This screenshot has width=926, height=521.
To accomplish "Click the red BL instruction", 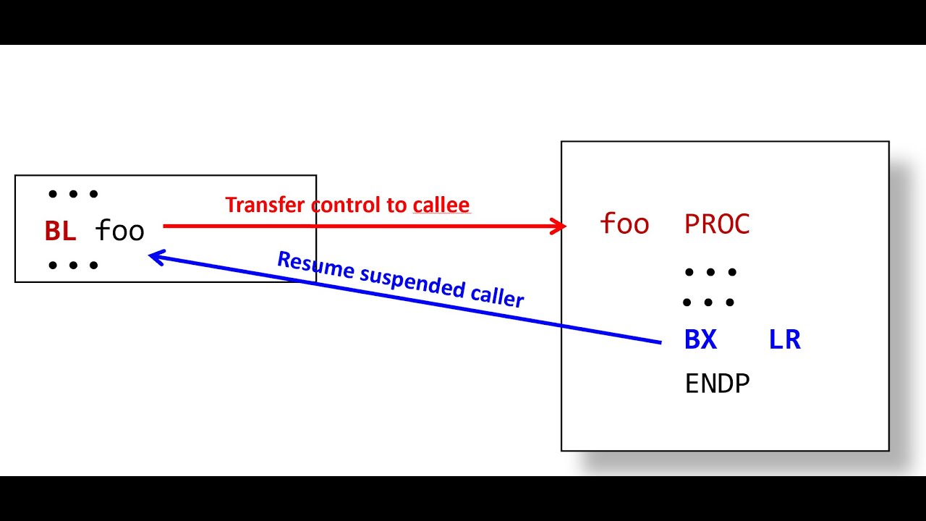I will (60, 231).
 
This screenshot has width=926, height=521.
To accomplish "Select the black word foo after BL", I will (120, 231).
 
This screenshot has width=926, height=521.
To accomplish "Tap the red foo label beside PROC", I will (624, 224).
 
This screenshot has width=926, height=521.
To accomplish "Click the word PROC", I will (717, 224).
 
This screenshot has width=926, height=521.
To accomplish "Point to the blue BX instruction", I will (700, 339).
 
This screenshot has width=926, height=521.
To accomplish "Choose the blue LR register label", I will (785, 339).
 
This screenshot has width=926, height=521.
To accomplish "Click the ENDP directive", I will (717, 384).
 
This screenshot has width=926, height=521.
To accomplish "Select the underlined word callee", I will (441, 205).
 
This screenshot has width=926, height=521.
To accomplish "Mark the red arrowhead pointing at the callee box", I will (559, 226).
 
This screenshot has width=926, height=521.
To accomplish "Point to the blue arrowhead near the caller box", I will (155, 255).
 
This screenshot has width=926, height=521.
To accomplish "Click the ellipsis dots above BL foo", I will (72, 194).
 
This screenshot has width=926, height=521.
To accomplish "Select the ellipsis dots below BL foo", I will (72, 265).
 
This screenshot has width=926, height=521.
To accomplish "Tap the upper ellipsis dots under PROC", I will (710, 272).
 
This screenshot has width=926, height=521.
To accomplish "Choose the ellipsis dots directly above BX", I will (709, 302).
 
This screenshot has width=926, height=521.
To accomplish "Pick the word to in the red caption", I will (397, 205).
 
